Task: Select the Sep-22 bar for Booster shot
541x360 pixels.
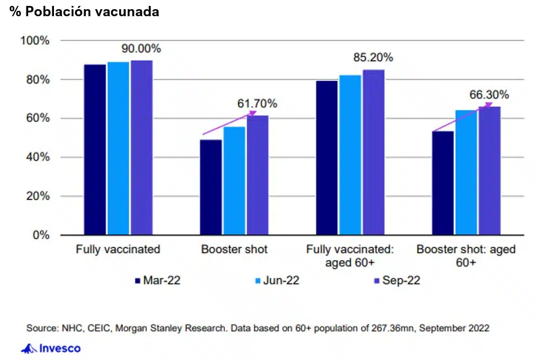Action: pos(257,175)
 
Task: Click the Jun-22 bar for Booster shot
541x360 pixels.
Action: pos(234,181)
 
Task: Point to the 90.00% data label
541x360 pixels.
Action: pos(141,49)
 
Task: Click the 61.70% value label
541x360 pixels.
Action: pos(257,103)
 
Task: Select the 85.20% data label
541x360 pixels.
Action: pos(373,57)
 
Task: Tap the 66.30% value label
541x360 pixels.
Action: pos(489,95)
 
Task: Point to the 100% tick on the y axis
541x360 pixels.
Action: pos(35,40)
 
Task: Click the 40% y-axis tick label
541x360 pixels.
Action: pos(38,158)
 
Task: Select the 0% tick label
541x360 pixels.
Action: pos(41,235)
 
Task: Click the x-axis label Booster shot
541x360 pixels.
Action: pos(234,250)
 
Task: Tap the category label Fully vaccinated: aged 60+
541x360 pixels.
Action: pos(350,256)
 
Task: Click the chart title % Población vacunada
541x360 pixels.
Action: pos(84,12)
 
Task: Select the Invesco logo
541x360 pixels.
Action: pos(51,348)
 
